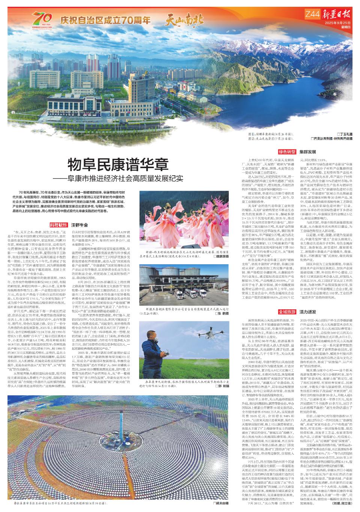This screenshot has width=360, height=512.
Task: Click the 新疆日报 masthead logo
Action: pos(336,15)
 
